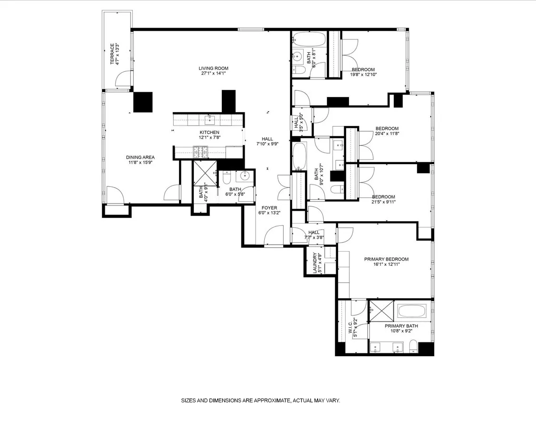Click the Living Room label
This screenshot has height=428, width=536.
tap(212, 68)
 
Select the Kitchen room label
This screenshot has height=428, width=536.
tap(209, 132)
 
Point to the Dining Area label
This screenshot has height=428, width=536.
tap(140, 157)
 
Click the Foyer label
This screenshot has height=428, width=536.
tap(269, 207)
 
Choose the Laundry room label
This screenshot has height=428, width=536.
tap(315, 263)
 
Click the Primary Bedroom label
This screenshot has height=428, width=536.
tap(386, 259)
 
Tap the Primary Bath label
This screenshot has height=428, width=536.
tap(401, 326)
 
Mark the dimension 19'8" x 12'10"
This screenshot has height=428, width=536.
tap(364, 75)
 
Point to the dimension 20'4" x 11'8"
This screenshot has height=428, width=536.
tap(387, 134)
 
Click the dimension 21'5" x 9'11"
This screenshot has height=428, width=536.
tap(383, 202)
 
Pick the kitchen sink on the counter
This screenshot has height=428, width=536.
tap(209, 118)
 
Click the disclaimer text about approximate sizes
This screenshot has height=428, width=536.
tap(260, 400)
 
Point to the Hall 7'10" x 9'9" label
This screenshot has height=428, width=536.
tap(267, 141)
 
